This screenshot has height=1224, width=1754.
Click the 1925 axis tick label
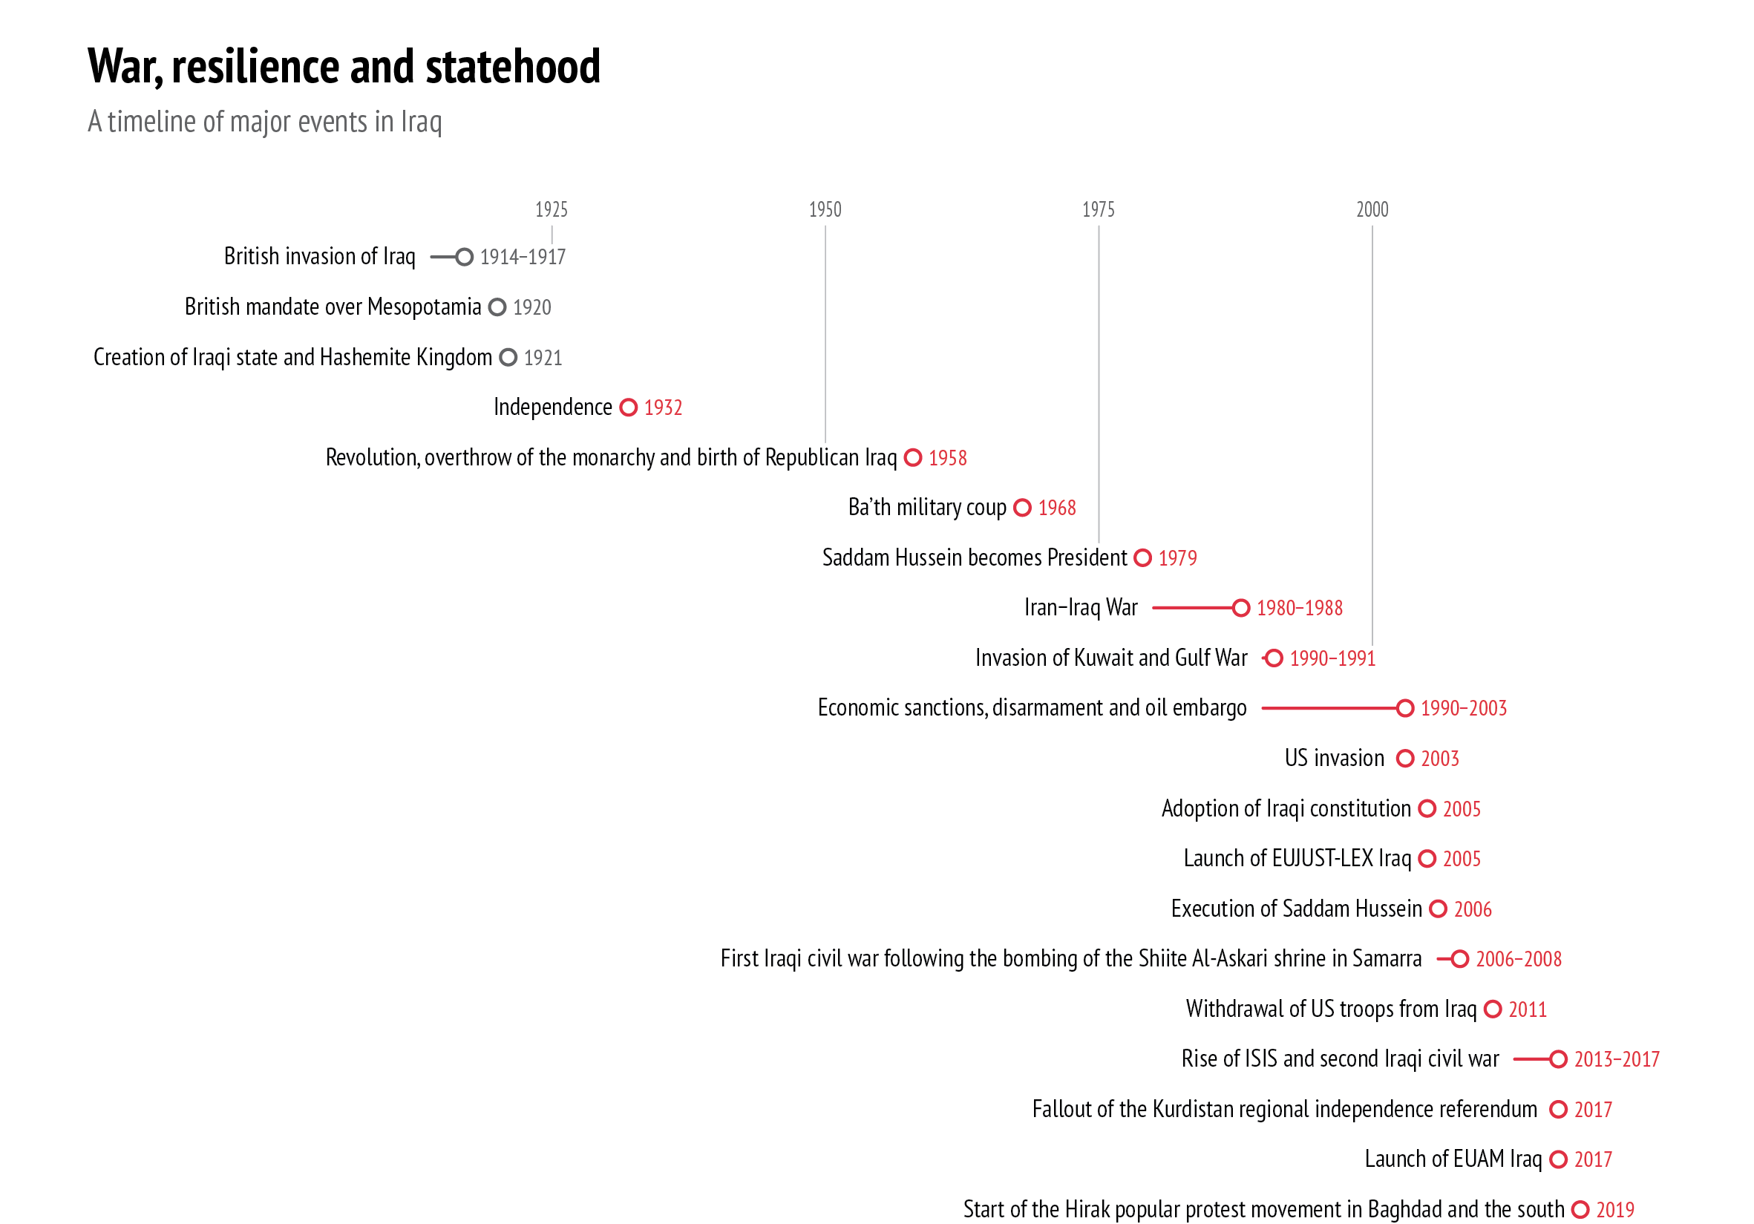coord(551,209)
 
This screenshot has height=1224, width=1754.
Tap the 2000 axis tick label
coord(1371,209)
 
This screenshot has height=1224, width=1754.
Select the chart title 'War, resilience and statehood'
coord(344,67)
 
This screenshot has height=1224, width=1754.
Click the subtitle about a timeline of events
coord(264,122)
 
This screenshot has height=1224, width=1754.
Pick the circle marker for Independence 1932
coord(628,408)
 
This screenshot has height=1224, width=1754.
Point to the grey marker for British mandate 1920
coord(497,307)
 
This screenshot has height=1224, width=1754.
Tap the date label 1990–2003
coord(1463,708)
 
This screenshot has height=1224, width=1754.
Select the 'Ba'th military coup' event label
coord(926,507)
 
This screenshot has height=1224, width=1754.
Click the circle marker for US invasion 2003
coord(1404,758)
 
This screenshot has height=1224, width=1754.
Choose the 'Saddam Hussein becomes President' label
coord(974,557)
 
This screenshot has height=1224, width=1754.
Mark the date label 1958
coord(947,458)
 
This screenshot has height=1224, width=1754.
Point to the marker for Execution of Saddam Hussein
coord(1438,909)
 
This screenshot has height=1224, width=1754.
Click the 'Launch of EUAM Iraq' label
coord(1453,1159)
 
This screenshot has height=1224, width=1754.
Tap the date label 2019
coord(1615,1209)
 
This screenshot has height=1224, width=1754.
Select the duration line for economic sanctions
coord(1329,708)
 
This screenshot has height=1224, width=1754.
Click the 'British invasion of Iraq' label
coord(319,257)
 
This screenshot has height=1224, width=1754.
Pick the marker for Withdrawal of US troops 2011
coord(1492,1009)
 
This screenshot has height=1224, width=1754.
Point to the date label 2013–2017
coord(1617,1059)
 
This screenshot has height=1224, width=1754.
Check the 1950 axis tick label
coord(825,209)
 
